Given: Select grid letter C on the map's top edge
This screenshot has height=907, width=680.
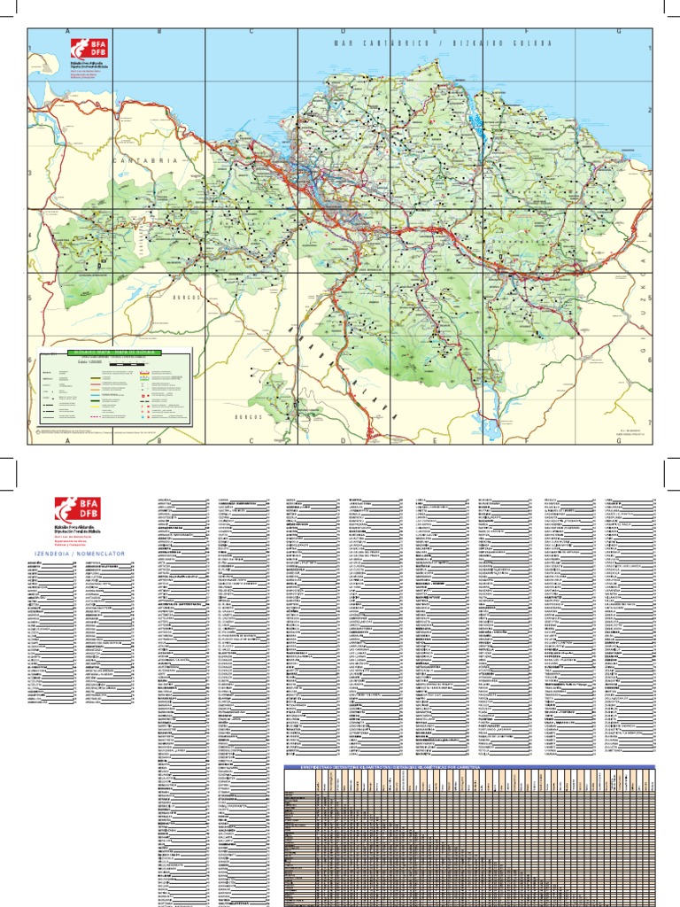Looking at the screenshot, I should (251, 31).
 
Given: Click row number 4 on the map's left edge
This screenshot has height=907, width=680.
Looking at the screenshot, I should (30, 236).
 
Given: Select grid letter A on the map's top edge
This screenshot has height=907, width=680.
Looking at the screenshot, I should (68, 31).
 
